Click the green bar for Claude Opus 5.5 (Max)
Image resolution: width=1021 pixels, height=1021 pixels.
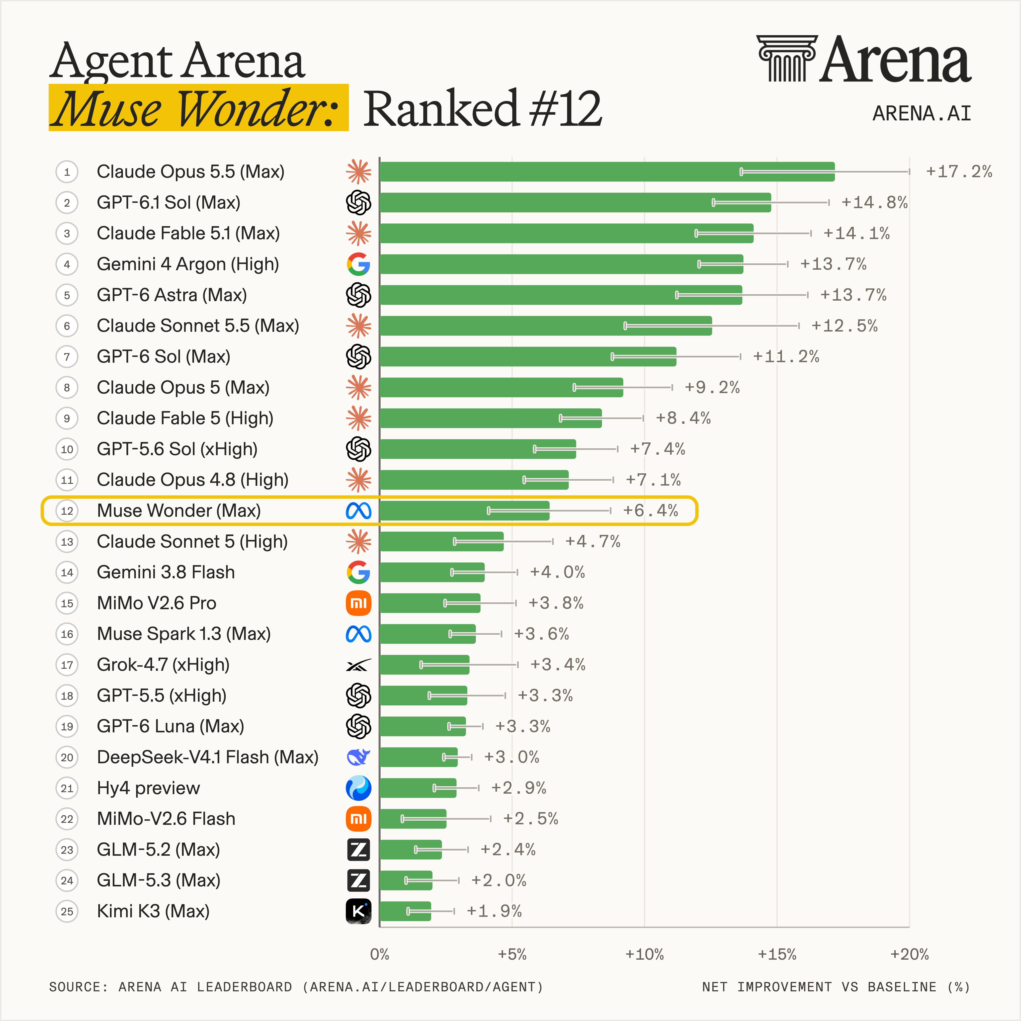pos(607,172)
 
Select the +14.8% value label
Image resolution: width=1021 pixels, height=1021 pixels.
pos(874,202)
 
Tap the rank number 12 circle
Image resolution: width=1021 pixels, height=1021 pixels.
pos(67,510)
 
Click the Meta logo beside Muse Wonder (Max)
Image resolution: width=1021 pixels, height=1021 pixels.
pos(358,510)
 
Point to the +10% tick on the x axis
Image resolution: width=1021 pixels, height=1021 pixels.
pos(644,954)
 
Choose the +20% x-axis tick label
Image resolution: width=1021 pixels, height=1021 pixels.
pos(909,954)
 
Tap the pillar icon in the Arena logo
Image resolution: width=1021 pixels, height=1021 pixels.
pos(787,58)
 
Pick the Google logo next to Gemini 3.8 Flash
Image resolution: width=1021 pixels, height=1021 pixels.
pos(358,572)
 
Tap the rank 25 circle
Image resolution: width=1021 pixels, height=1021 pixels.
pos(67,911)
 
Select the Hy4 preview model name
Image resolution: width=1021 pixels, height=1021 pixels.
pos(149,788)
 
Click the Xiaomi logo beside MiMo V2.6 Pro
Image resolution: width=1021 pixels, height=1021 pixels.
pos(358,603)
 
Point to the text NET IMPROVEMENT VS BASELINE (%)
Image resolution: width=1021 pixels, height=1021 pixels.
pos(836,987)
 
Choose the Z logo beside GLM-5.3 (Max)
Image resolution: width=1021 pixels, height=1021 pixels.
pos(358,880)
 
